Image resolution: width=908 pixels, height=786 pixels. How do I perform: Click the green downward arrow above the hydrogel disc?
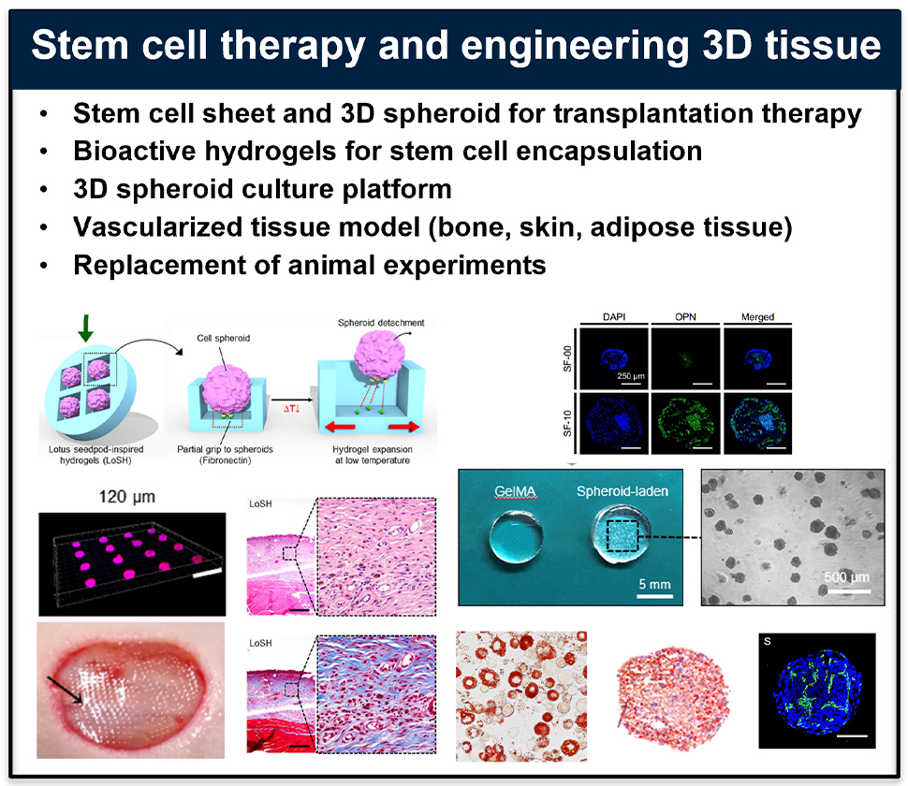pos(85,328)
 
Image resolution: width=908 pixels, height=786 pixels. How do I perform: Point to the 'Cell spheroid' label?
pos(224,338)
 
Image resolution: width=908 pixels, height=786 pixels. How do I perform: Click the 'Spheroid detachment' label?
pos(381,323)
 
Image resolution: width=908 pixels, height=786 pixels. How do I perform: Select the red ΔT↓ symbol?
pos(291,409)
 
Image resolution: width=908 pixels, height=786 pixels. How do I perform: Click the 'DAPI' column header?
pos(614,316)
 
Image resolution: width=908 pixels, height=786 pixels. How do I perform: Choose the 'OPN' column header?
pos(685,316)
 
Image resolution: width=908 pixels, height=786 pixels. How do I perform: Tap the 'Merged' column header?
pos(757,317)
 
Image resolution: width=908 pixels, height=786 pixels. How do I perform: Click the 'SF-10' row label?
pos(567,423)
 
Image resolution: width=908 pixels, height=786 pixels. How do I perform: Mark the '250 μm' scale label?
pos(631,376)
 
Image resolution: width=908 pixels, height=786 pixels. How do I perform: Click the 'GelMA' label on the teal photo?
pos(515,491)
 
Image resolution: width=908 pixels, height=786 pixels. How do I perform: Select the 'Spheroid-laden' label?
pos(622,491)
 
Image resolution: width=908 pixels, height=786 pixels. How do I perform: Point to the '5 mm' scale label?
pos(654,584)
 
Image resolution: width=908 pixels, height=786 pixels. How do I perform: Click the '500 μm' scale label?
pos(846,577)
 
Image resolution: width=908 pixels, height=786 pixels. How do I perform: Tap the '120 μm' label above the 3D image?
pos(126,497)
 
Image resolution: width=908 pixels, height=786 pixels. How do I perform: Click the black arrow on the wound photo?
pos(65,690)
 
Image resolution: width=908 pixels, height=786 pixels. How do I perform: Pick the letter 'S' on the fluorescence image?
pos(768,641)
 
